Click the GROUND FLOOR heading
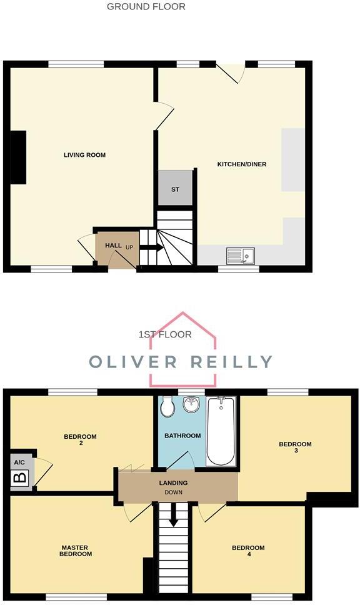146,7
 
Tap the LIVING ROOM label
84,155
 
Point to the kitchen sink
240,255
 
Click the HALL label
113,246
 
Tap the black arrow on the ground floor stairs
151,247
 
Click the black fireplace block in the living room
17,157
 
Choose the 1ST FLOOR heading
165,335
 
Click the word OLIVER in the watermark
136,361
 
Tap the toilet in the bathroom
167,407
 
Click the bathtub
221,431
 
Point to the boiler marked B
20,479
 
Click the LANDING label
174,482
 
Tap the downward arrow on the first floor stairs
174,516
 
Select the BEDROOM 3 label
295,448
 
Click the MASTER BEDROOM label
76,551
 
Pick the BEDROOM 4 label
248,552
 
